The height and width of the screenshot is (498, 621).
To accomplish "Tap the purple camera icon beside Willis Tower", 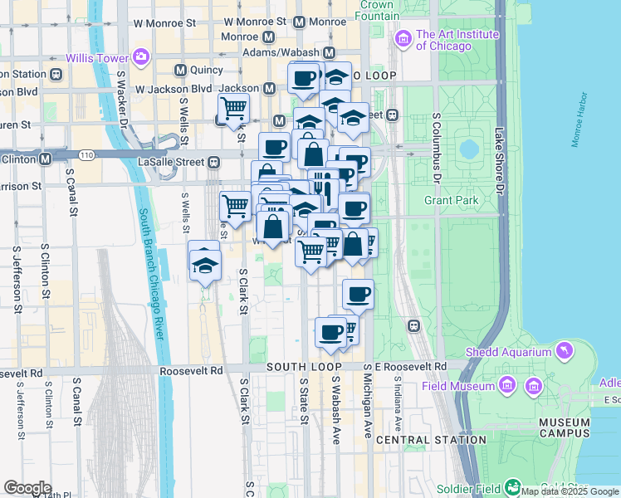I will pos(141,56).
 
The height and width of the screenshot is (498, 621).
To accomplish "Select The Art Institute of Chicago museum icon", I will pos(403,39).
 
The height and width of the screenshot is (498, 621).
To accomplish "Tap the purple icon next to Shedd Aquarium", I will pos(565,351).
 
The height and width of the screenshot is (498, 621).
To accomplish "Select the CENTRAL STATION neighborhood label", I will pos(431,439).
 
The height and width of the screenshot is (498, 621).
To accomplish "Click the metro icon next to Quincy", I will pos(181,71).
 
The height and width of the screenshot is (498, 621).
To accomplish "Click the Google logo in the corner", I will pos(27,487).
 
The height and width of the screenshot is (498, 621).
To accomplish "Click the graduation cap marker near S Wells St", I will pos(204,265).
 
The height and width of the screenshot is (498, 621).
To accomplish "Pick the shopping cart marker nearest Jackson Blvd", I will pos(233,107).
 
